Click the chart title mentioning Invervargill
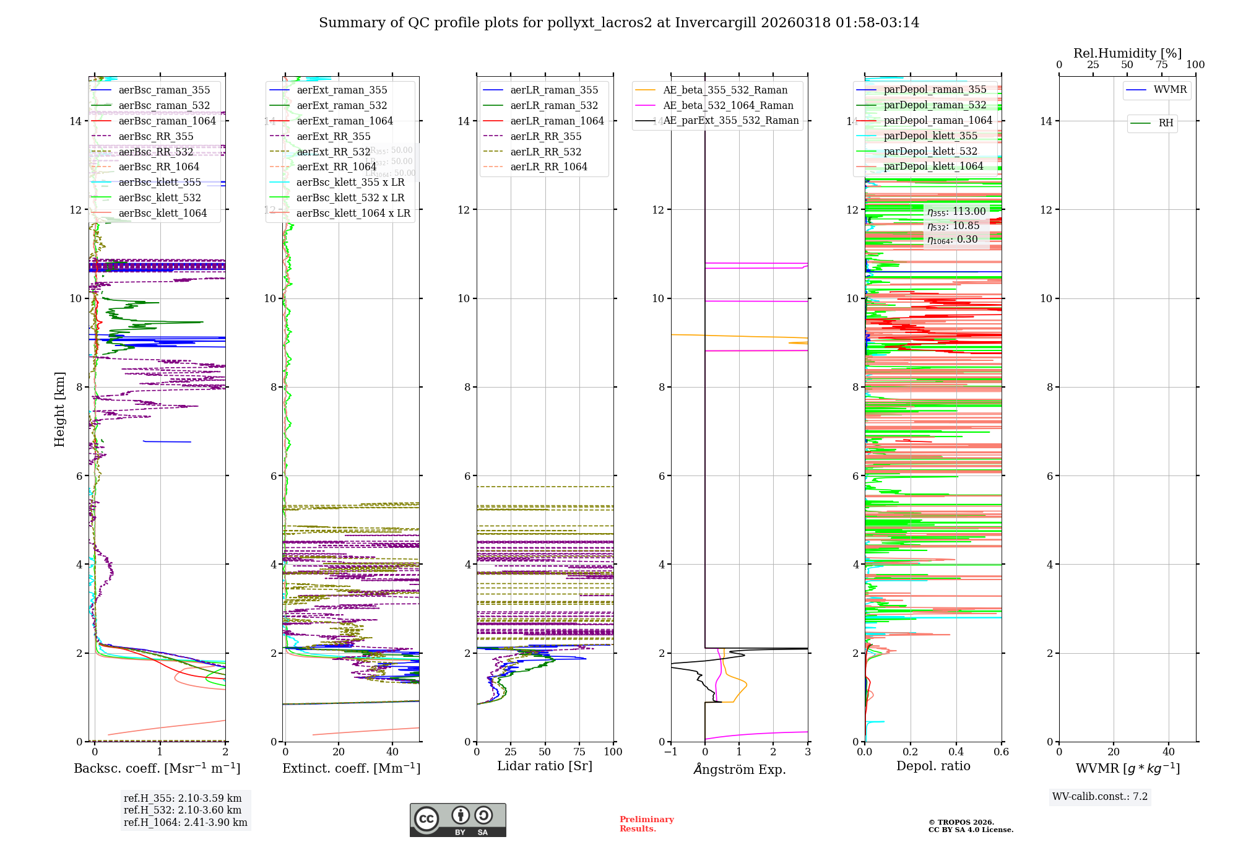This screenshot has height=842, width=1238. tap(619, 23)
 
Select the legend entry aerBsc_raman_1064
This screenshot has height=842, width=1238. tap(167, 121)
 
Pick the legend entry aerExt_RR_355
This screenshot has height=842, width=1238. tap(334, 137)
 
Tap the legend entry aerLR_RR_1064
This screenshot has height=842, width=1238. tap(548, 167)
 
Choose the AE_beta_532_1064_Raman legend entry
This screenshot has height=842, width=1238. tap(728, 106)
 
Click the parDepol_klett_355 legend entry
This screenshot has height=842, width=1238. tap(930, 136)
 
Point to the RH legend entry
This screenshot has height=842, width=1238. tap(1166, 123)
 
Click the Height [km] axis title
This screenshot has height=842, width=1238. tap(59, 409)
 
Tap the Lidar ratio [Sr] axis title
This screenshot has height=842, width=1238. tap(545, 766)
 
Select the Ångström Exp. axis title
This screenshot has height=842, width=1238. tap(740, 770)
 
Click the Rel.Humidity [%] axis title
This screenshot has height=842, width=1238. tap(1127, 53)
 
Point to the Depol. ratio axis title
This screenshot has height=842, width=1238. tap(933, 766)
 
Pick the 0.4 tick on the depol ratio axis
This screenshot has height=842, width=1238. tap(956, 752)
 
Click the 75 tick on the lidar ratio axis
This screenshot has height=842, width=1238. tap(579, 752)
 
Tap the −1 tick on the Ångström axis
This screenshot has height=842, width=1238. tap(670, 752)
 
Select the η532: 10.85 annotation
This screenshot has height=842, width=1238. tap(953, 226)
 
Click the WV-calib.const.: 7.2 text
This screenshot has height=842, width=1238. tap(1100, 797)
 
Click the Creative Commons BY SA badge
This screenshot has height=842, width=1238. tap(457, 820)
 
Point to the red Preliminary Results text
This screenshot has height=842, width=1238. tap(646, 824)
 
